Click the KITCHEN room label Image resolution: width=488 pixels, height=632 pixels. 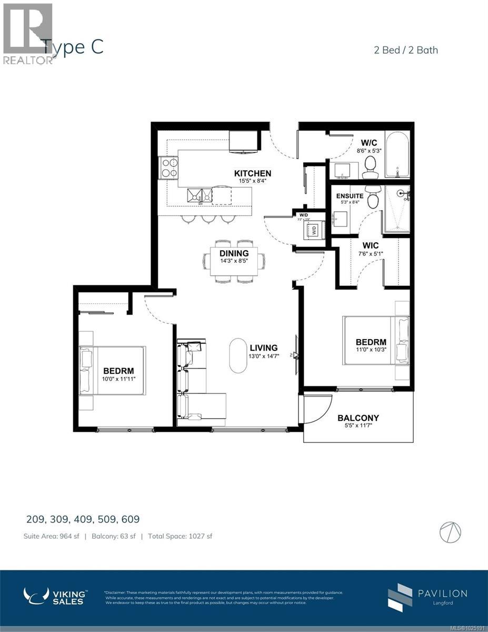pyautogui.click(x=253, y=173)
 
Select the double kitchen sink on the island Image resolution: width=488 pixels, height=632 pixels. pyautogui.click(x=200, y=195)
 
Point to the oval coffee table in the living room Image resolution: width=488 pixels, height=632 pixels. pyautogui.click(x=238, y=355)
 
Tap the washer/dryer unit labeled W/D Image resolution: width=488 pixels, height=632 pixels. pyautogui.click(x=314, y=230)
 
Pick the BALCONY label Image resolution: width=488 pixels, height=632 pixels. pyautogui.click(x=358, y=418)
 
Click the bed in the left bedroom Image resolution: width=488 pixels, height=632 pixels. pyautogui.click(x=112, y=370)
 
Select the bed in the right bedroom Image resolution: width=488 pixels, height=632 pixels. pyautogui.click(x=375, y=340)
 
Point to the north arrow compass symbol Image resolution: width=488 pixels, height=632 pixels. pyautogui.click(x=451, y=530)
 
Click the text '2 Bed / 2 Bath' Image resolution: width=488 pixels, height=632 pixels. pyautogui.click(x=404, y=50)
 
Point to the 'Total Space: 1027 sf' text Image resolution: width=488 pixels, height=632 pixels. pyautogui.click(x=180, y=536)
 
